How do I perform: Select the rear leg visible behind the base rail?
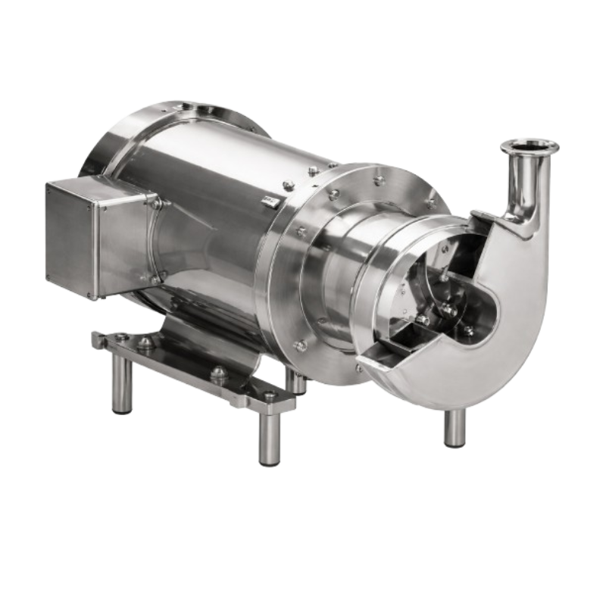click(x=299, y=383)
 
